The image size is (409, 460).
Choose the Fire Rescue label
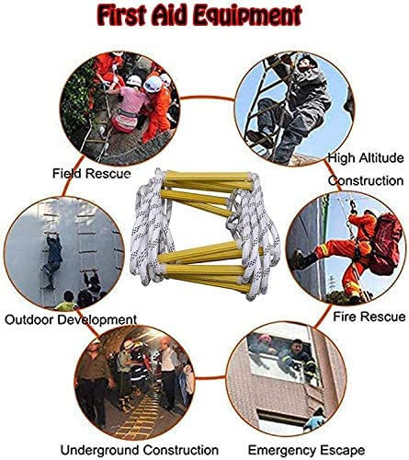point(369,317)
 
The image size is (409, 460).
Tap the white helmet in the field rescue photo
point(135,82)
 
